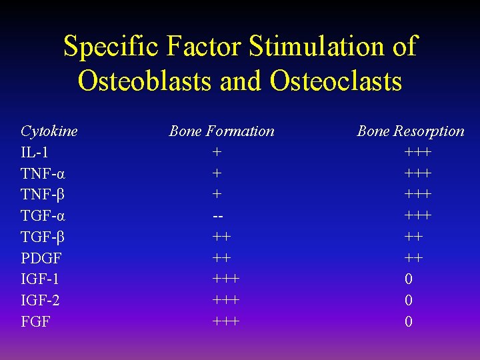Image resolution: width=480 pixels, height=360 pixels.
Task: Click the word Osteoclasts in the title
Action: point(336,81)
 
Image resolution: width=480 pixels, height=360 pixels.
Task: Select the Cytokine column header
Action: point(49,131)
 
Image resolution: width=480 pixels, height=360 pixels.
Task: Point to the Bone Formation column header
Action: point(221,131)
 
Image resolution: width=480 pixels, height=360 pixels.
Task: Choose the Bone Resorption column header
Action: point(410,131)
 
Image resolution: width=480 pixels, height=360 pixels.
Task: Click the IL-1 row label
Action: point(34,153)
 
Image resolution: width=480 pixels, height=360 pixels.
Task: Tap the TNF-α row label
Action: point(43,173)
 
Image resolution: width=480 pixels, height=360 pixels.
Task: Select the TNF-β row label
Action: point(43,195)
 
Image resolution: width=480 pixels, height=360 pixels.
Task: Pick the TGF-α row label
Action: point(43,216)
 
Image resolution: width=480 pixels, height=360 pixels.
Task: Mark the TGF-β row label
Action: point(43,237)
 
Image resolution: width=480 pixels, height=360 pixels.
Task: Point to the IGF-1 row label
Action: point(39,279)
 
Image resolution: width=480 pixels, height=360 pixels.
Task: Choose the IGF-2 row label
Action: point(40,301)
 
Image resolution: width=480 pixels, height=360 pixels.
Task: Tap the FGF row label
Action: point(35,322)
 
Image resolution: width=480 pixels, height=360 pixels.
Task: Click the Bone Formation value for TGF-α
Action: point(217,216)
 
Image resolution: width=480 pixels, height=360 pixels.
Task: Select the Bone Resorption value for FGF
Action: point(409,322)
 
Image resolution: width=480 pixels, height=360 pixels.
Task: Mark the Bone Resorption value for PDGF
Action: point(413,258)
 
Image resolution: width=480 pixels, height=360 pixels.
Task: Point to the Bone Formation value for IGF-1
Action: point(226,279)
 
